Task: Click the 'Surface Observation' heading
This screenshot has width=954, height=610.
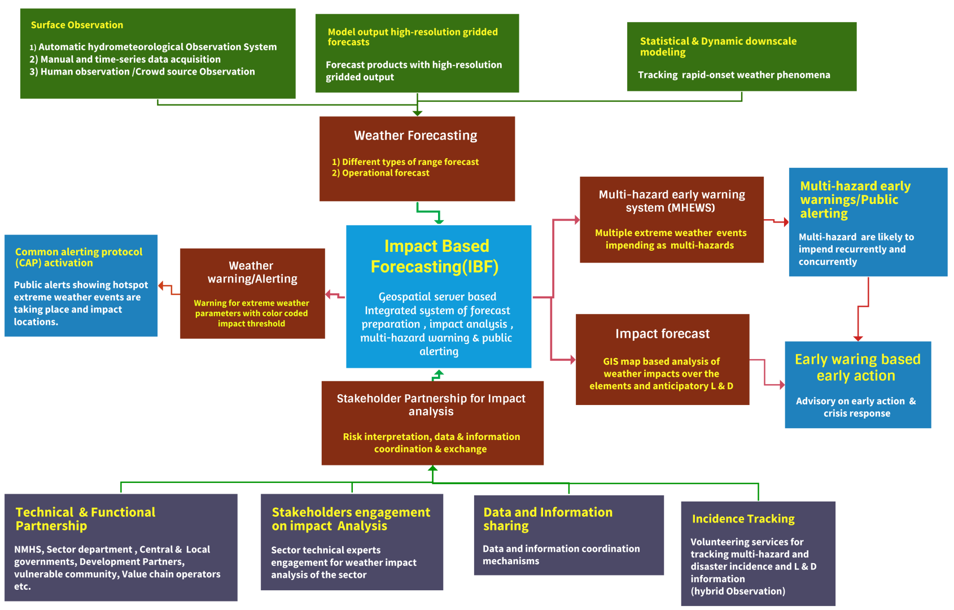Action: coord(77,25)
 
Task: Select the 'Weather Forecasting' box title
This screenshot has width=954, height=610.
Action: coord(415,136)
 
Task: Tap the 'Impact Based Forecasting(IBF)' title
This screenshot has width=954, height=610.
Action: coord(436,256)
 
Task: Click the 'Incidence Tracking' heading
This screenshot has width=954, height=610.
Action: coord(743,518)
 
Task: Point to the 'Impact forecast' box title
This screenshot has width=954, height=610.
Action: coord(662,334)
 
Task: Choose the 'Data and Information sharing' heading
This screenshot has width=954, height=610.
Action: coord(547,518)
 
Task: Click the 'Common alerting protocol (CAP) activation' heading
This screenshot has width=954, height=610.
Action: coord(78,257)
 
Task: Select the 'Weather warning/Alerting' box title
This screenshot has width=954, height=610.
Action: coord(252,272)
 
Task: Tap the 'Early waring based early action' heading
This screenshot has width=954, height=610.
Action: coord(857,367)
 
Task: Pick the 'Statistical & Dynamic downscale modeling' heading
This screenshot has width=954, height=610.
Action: coord(717,46)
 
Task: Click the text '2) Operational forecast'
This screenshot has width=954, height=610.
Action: coord(380,173)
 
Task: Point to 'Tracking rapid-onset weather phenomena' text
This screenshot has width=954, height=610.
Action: coord(734,75)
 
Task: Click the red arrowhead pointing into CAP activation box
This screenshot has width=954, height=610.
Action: coord(161,286)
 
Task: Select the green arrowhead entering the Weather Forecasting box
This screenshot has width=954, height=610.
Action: coord(417,113)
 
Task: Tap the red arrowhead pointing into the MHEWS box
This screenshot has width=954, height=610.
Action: coord(576,220)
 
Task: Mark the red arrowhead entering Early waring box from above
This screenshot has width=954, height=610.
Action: coord(858,338)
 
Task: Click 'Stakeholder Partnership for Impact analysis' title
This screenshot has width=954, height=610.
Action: coord(431,405)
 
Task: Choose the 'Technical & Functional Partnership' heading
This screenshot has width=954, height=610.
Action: coord(85,518)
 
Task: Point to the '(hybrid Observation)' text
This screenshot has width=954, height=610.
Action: coord(737,591)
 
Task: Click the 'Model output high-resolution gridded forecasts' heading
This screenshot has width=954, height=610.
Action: coord(412,37)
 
